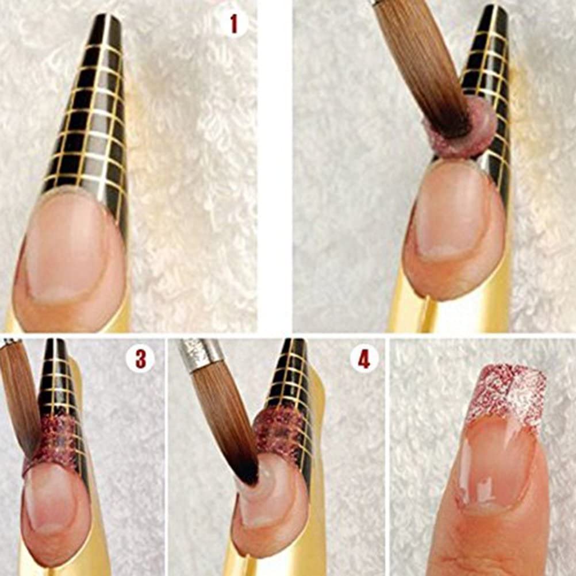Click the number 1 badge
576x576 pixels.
(233, 24)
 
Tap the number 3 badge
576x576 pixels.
(140, 360)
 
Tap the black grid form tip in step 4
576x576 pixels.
(293, 374)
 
